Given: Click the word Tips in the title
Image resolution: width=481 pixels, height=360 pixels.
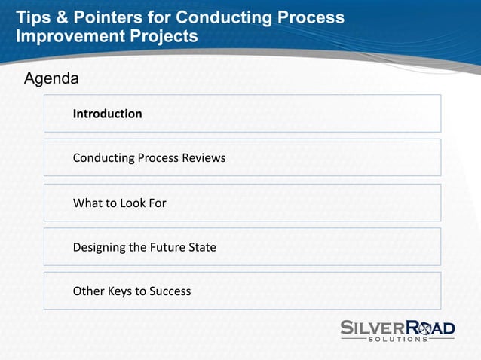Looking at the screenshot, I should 32,17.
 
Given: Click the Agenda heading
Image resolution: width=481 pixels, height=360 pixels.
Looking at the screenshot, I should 51,78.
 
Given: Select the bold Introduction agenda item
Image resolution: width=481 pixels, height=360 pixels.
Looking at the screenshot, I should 107,114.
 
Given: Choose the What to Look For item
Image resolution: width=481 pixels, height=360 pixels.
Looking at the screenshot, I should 119,203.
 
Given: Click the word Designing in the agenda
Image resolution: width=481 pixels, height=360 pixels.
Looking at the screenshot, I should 99,247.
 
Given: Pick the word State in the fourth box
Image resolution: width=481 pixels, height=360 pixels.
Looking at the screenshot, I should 202,247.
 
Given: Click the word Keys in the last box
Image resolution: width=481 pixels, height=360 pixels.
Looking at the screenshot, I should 119,291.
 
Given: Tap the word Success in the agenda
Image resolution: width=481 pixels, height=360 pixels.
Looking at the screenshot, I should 169,291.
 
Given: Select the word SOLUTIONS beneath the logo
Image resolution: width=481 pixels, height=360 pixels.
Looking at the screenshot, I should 398,340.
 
